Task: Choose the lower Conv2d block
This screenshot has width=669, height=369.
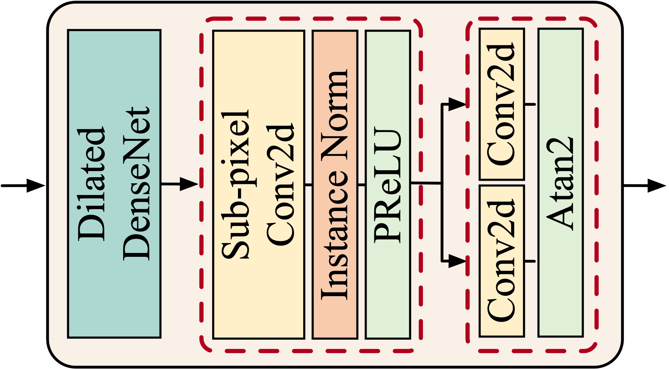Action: [501, 261]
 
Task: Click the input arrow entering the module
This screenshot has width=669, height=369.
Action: [24, 185]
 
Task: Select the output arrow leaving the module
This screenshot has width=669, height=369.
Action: [645, 185]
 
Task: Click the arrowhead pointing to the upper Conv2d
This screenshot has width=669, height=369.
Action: [457, 104]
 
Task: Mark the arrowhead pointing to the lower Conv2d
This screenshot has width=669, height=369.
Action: [457, 261]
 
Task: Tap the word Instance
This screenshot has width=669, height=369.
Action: [334, 235]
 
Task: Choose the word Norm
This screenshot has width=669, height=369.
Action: [334, 114]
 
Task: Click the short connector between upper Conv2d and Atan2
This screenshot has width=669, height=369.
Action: [530, 104]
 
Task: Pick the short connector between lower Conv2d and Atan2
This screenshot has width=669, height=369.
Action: [530, 261]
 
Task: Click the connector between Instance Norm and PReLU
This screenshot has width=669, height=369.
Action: [361, 185]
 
